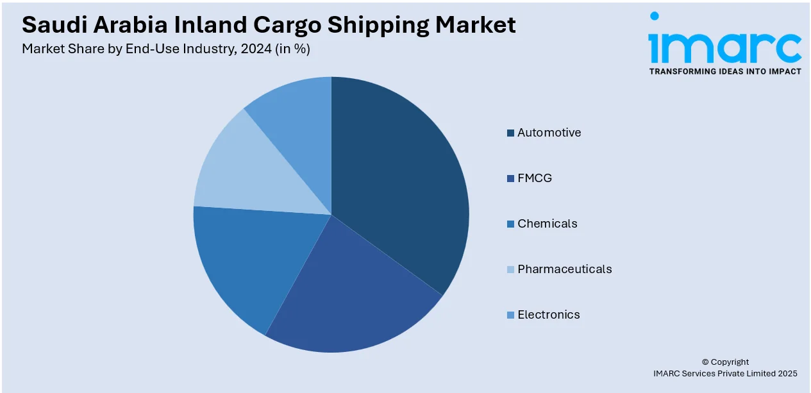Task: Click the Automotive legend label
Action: (549, 133)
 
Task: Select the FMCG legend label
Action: (535, 178)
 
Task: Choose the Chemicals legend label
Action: (548, 224)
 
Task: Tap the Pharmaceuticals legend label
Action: (565, 269)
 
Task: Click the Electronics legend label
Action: (549, 315)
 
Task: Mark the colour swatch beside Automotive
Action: (510, 133)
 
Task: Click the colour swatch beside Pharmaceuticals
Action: (510, 270)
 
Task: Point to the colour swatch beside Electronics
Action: (510, 315)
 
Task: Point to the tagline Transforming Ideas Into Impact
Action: (725, 71)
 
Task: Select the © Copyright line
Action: (725, 362)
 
